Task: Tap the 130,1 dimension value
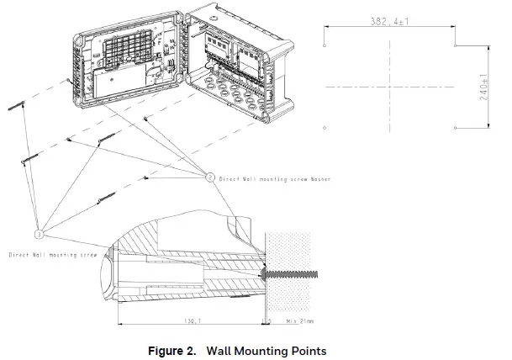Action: point(192,320)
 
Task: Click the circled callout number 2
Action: point(210,177)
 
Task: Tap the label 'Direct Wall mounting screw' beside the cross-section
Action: point(53,253)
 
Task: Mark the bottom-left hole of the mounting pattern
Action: point(325,127)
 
